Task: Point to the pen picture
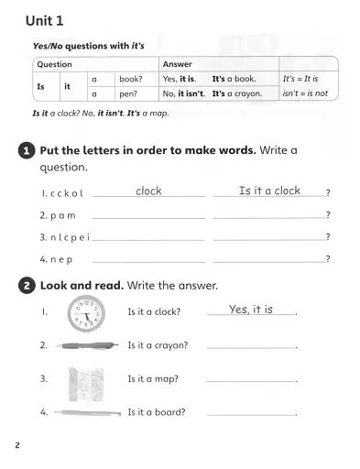tap(87, 346)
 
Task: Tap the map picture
tap(87, 380)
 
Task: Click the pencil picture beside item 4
tap(87, 413)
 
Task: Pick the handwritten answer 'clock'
tap(148, 191)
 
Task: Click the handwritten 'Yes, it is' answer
tap(251, 310)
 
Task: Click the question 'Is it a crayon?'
tap(158, 345)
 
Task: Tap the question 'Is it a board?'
tap(157, 412)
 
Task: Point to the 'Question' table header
tap(52, 65)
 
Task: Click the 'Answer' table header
tap(177, 65)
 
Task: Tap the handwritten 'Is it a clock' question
tap(269, 191)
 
